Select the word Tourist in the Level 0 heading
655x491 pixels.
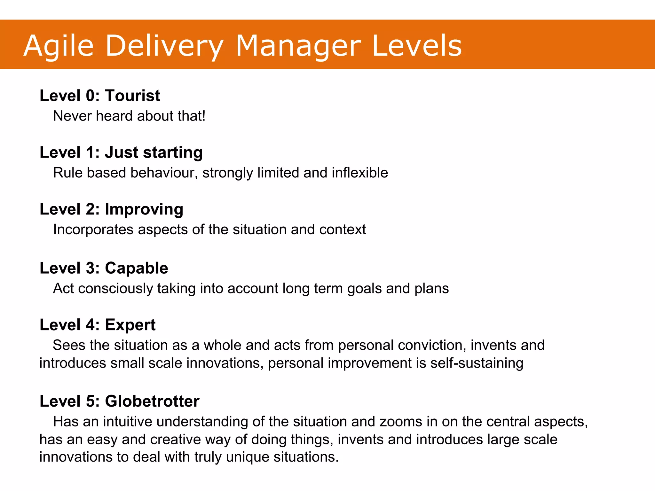[132, 96]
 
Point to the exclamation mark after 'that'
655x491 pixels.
[203, 116]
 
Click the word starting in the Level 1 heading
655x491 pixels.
[173, 152]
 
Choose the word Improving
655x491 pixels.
[144, 209]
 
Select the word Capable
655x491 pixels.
[136, 268]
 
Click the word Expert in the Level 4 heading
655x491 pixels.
[130, 325]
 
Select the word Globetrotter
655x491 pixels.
[152, 401]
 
